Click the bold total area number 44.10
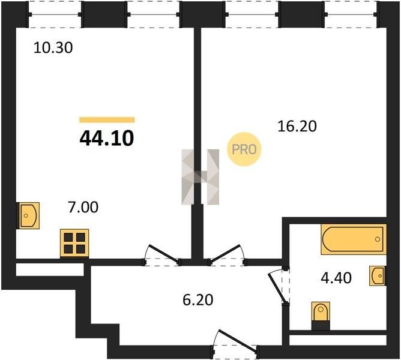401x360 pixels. point(107,138)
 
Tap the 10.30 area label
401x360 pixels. point(53,48)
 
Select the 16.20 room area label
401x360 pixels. point(297,127)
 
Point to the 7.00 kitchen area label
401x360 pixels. point(83,207)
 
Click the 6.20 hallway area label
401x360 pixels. point(198,300)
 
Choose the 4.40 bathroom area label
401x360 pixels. point(336,278)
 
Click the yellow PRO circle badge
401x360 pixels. point(244,149)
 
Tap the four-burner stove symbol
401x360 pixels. point(74,243)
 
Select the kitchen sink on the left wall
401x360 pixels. point(28,215)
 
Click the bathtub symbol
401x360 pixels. point(353,239)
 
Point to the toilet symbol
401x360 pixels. point(321,316)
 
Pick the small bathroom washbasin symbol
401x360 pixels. point(378,275)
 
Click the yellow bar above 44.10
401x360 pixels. point(107,119)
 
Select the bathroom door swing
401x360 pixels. point(279,286)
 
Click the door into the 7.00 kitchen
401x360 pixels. point(161,255)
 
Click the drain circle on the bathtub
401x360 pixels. point(378,239)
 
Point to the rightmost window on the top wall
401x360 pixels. point(351,14)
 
